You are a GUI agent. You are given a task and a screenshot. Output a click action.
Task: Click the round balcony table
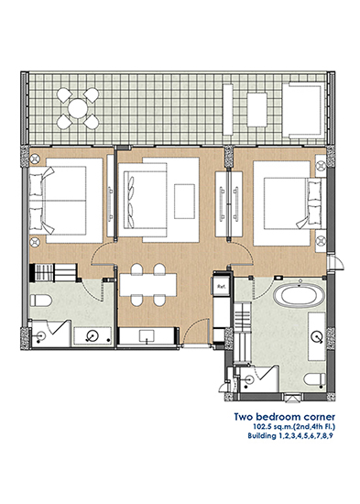(78, 108)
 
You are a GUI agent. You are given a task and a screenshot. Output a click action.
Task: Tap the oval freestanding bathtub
(299, 295)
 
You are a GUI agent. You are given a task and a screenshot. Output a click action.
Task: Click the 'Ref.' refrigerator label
(221, 286)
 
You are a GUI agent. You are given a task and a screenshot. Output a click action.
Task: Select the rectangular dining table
(147, 284)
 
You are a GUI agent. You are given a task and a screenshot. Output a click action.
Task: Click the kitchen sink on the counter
(147, 336)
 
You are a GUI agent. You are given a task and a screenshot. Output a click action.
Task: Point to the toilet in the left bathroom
(41, 301)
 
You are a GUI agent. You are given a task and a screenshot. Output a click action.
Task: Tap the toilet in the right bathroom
(315, 379)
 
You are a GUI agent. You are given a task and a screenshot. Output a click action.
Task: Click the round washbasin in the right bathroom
(317, 336)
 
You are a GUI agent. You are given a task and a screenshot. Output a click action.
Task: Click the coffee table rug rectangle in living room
(184, 202)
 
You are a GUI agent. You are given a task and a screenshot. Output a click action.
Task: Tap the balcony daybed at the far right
(303, 111)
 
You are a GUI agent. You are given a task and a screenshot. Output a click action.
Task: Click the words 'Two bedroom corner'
(285, 417)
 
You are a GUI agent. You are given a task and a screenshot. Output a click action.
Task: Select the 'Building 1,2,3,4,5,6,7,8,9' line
(290, 436)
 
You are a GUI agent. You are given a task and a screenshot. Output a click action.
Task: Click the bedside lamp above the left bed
(35, 159)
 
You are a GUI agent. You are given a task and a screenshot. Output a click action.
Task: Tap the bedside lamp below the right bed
(321, 240)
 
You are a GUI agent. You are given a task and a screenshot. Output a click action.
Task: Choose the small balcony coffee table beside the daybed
(256, 110)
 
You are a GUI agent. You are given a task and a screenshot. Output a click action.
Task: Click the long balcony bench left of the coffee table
(228, 110)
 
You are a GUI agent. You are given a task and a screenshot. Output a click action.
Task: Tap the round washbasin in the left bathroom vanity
(91, 336)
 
